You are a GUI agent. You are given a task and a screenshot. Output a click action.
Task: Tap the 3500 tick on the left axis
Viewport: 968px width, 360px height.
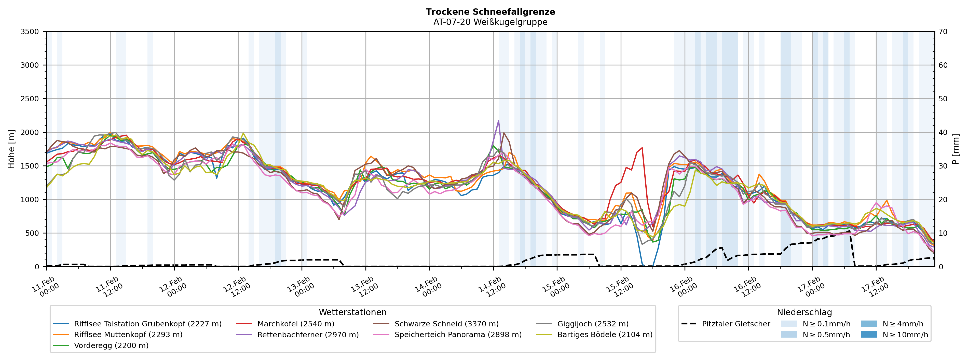click(x=30, y=32)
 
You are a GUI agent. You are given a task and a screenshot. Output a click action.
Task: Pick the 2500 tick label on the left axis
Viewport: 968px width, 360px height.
click(x=30, y=99)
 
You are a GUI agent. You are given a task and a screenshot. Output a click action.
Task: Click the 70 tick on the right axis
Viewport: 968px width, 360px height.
click(x=943, y=32)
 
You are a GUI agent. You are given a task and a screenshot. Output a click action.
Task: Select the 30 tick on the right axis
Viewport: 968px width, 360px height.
click(x=943, y=166)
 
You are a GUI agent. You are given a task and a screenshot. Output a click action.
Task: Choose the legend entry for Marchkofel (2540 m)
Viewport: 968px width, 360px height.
click(x=295, y=324)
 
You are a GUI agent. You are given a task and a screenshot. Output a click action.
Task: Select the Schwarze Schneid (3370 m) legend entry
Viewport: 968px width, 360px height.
click(x=446, y=324)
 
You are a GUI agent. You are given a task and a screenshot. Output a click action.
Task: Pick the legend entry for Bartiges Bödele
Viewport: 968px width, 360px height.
click(x=604, y=335)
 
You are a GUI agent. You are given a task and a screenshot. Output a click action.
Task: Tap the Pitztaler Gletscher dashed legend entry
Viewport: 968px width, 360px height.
click(x=735, y=324)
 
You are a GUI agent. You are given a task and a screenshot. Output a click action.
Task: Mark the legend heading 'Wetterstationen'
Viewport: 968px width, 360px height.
click(x=352, y=312)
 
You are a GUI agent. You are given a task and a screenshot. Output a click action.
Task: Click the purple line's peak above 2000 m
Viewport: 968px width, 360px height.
click(x=498, y=121)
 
